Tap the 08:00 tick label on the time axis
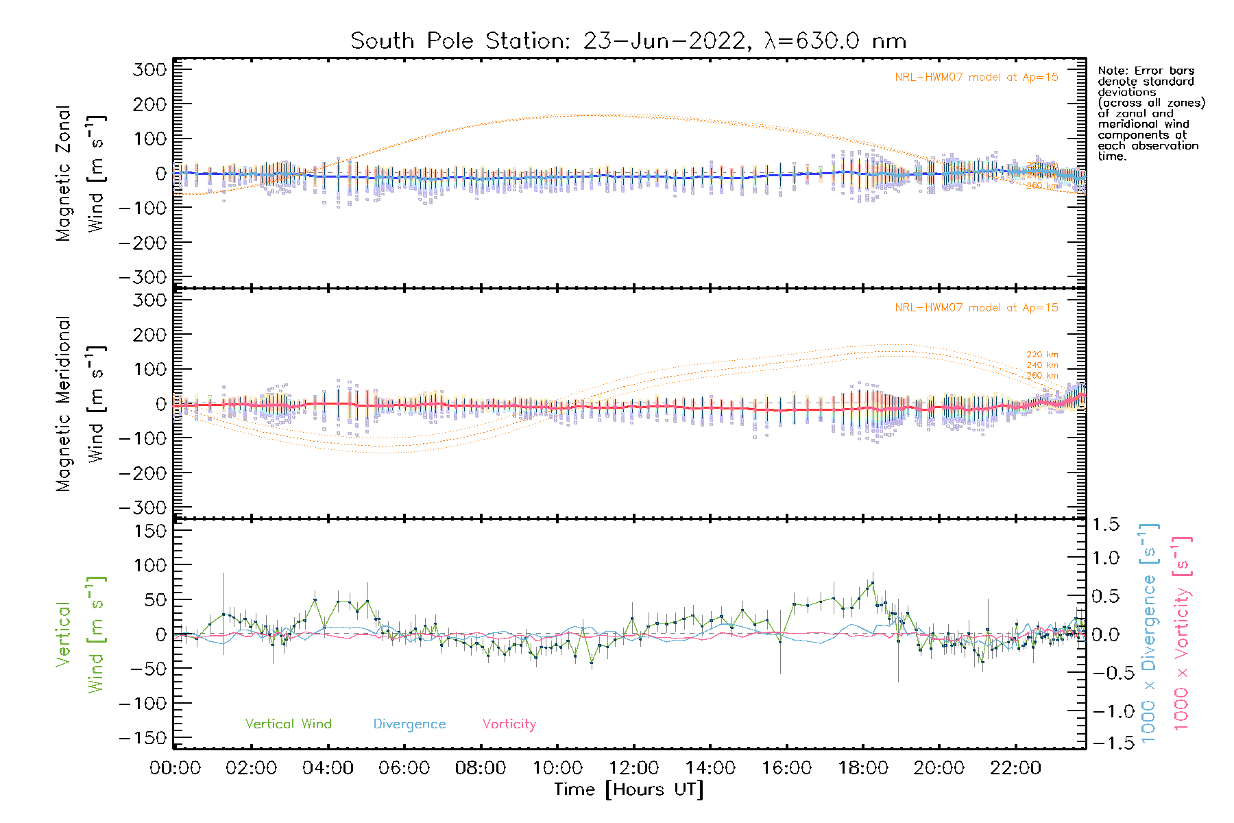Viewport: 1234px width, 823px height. (x=481, y=768)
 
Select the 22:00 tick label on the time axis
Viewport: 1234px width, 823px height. (x=1015, y=768)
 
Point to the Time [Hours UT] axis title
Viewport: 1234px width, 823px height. (x=628, y=789)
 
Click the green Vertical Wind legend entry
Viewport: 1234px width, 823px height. (x=288, y=724)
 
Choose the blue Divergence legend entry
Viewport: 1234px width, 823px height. (x=409, y=724)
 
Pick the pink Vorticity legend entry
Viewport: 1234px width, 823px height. (x=509, y=724)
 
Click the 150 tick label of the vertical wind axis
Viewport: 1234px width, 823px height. (x=150, y=531)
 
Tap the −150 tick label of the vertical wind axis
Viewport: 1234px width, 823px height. (x=143, y=738)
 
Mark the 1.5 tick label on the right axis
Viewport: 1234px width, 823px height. (x=1105, y=525)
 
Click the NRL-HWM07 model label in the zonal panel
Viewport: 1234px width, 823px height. (x=976, y=77)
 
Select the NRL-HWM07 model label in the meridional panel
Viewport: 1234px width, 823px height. (x=976, y=308)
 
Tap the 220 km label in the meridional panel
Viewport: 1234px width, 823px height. (x=1042, y=355)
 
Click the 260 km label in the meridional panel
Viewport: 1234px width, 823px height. (x=1042, y=375)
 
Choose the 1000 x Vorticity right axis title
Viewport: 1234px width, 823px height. (x=1182, y=632)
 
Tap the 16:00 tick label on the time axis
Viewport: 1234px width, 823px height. (x=786, y=768)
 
